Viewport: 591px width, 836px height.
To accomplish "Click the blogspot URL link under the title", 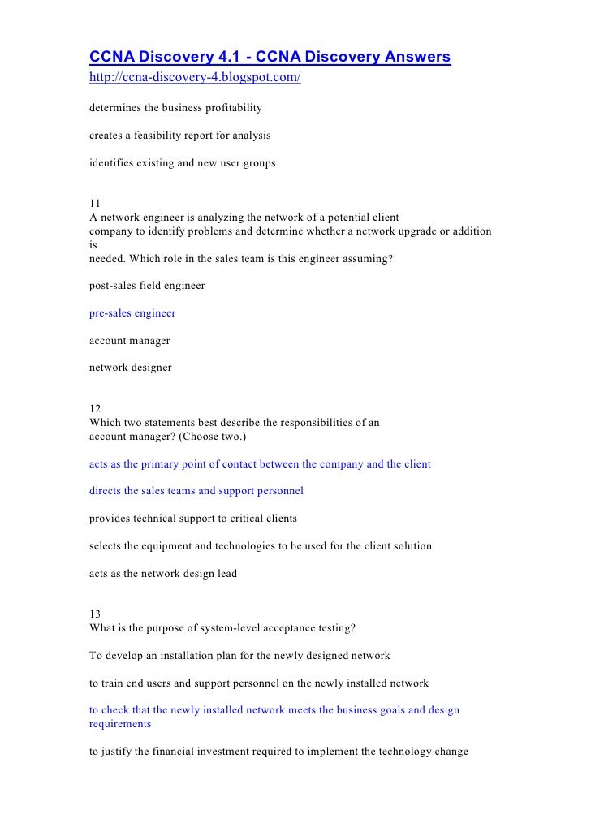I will [x=195, y=80].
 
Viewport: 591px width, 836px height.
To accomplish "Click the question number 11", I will [x=95, y=205].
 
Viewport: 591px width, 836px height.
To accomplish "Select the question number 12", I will [x=95, y=410].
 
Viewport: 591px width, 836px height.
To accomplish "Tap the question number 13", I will [x=95, y=614].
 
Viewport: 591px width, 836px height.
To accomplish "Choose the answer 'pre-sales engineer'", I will [x=132, y=312].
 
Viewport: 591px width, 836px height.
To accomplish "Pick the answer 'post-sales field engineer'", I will [x=147, y=285].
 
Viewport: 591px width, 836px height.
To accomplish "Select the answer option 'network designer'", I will [x=131, y=367].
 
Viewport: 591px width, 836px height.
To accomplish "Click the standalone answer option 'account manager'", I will [x=130, y=340].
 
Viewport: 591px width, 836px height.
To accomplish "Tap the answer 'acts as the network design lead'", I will [x=163, y=573].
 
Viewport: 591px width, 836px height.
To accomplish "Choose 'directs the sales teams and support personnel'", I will [x=196, y=491].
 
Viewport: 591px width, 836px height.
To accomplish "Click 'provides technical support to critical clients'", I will [x=193, y=518].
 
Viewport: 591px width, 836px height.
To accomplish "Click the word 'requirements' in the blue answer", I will [x=120, y=723].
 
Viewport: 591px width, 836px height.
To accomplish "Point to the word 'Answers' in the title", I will [x=409, y=57].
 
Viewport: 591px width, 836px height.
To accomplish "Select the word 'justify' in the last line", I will [x=120, y=751].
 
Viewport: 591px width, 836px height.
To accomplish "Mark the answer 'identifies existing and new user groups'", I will [x=183, y=162].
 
